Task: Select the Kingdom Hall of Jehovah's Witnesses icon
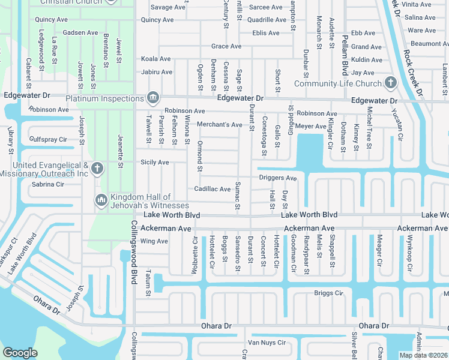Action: [x=101, y=199]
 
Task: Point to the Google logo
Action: [x=20, y=353]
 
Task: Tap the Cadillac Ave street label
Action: [x=212, y=189]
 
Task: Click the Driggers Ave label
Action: [x=278, y=178]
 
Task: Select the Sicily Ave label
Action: [x=155, y=163]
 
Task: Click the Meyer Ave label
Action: [x=311, y=127]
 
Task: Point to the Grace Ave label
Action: [x=226, y=46]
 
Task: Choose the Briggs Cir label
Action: [x=328, y=293]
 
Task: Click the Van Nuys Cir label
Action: [x=267, y=343]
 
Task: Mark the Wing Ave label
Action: [x=154, y=241]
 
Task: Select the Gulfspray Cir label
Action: [x=48, y=139]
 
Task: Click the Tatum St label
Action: [x=148, y=287]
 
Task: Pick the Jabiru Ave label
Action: [x=157, y=72]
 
